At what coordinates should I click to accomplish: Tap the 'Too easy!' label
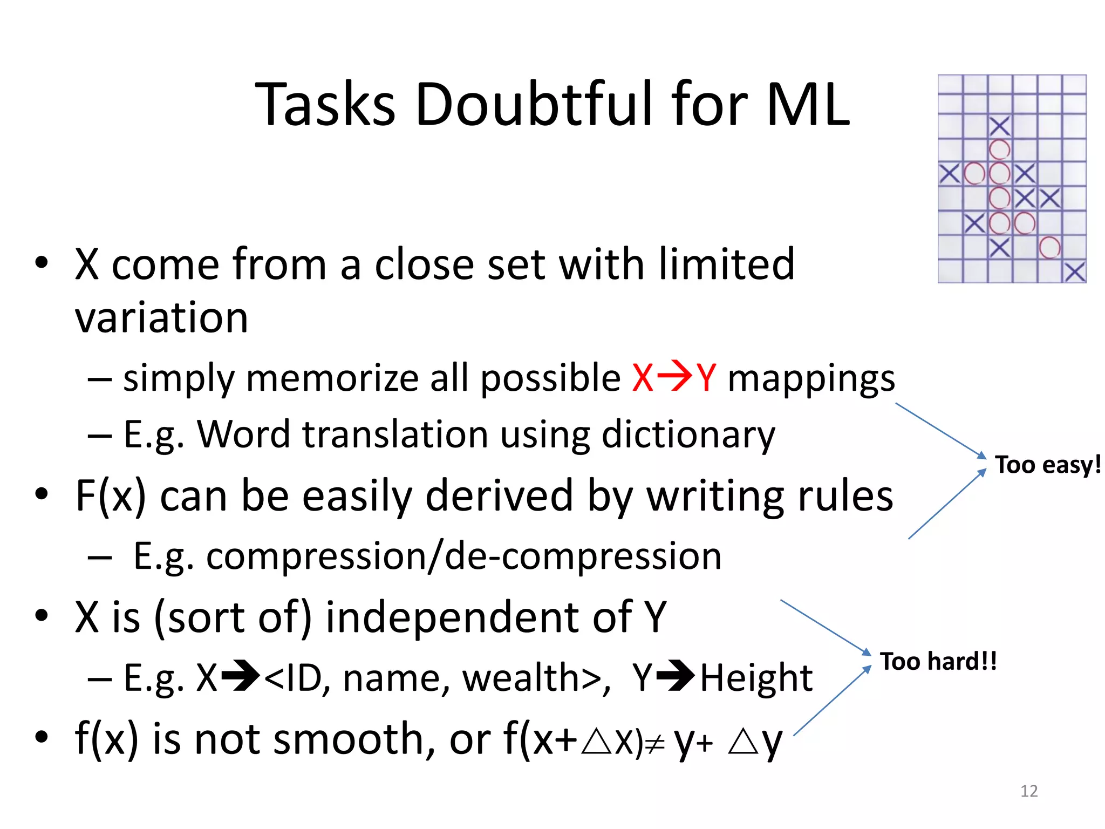1047,465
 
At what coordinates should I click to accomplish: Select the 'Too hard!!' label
938,662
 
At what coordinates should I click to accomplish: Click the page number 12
1029,791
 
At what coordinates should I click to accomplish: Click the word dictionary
688,435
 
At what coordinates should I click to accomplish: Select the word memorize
332,378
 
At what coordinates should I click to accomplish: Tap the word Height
756,678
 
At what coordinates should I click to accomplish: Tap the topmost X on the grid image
999,127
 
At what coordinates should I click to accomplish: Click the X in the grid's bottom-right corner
1075,272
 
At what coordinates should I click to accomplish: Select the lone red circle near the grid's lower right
1049,248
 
